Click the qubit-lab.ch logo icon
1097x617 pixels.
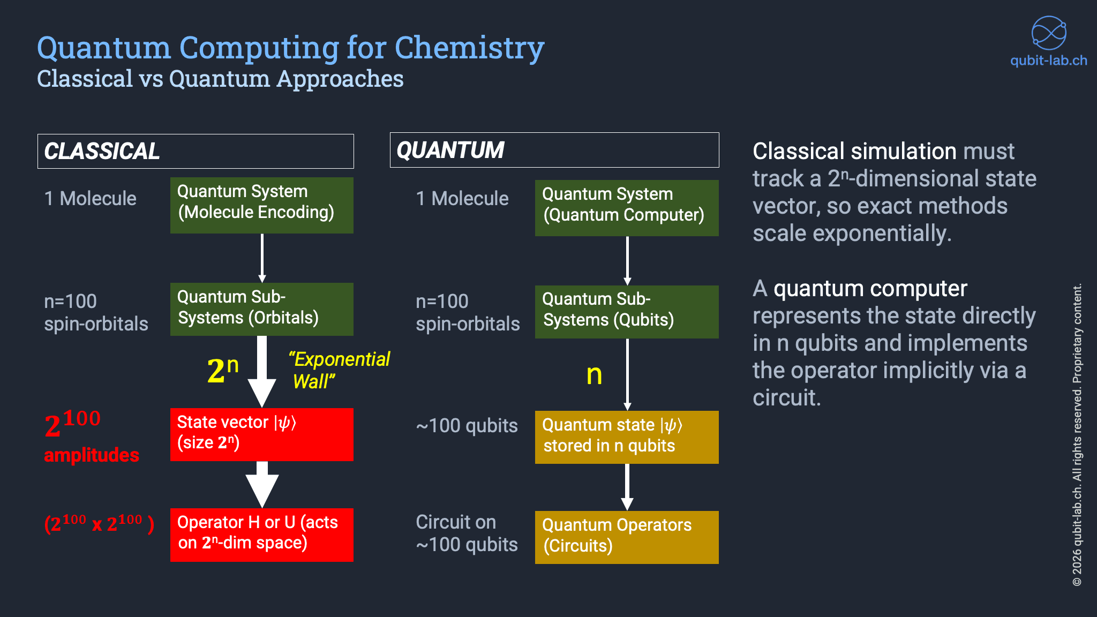coord(1049,33)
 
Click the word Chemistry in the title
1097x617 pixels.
coord(469,48)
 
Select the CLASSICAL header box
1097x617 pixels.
coord(196,151)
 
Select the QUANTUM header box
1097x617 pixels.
coord(554,150)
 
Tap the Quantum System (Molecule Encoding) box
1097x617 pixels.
coord(261,205)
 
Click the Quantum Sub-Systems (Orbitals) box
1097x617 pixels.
coord(261,309)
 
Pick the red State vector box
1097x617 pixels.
coord(261,434)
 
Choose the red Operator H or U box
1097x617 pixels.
coord(261,535)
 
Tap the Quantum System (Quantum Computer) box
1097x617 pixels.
coord(627,208)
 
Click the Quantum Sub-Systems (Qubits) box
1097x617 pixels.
coord(627,312)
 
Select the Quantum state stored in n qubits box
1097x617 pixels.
coord(627,437)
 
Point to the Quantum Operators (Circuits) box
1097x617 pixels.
coord(627,537)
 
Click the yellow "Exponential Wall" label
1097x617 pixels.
coord(340,370)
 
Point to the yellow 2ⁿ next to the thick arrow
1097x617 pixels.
coord(222,370)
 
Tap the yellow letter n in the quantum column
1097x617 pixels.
coord(594,375)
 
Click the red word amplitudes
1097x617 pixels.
coord(92,455)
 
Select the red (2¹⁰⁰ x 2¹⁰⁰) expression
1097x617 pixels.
coord(99,523)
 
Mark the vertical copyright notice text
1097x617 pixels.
coord(1077,434)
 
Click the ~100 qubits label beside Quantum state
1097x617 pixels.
coord(467,426)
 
